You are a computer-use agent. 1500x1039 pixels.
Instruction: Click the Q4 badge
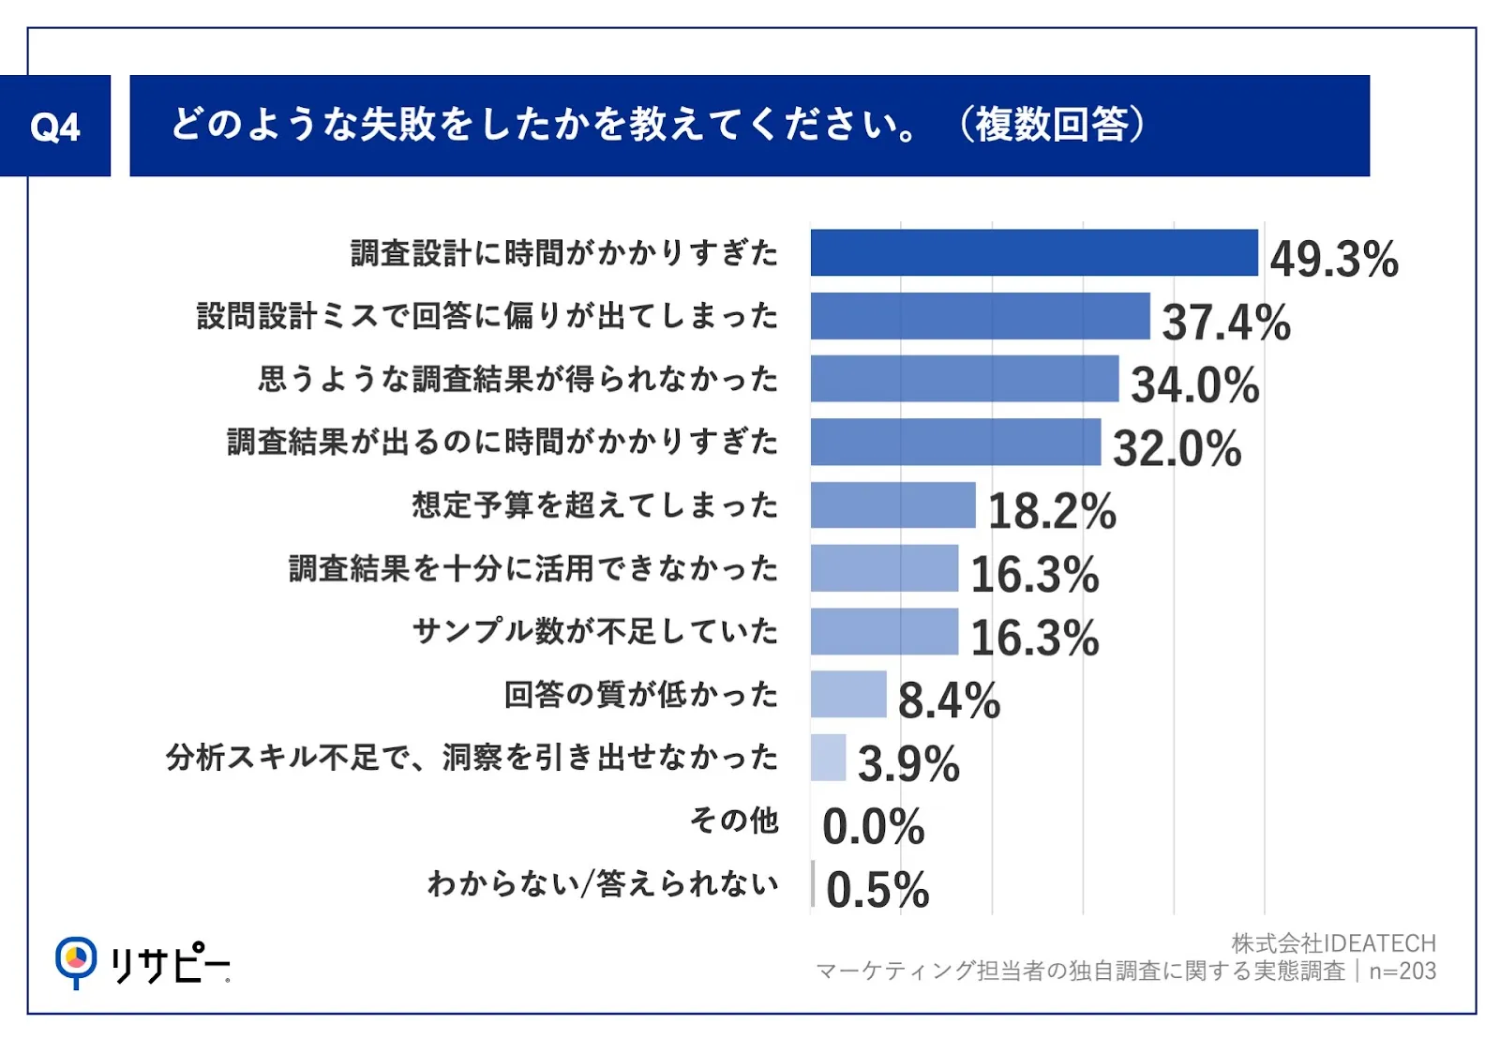55,126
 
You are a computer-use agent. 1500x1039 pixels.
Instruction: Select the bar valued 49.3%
1034,252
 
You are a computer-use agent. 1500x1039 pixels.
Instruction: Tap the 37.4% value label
1226,323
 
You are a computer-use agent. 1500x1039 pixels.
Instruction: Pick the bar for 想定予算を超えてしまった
893,504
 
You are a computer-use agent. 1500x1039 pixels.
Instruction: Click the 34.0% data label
1195,385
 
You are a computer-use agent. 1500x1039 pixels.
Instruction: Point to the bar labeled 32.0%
955,442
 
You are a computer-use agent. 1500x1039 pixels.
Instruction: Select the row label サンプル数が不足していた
594,631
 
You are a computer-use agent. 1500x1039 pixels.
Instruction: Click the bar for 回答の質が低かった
848,694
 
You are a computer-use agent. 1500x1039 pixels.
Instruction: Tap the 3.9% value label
908,763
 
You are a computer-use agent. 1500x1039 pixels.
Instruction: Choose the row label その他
735,820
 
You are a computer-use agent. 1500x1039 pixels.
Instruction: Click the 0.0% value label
873,827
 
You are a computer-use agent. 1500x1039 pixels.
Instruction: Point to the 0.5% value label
877,890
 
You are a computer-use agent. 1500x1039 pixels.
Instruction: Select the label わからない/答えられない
603,883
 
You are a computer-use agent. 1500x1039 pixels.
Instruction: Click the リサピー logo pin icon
76,960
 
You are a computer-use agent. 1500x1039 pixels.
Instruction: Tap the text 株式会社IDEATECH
1333,943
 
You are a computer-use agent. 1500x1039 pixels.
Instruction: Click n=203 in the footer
1402,971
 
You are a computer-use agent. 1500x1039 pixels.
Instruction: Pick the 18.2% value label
1052,511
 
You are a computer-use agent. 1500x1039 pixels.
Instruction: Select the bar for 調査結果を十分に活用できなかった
885,568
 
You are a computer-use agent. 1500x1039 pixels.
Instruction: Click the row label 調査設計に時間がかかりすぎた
563,253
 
